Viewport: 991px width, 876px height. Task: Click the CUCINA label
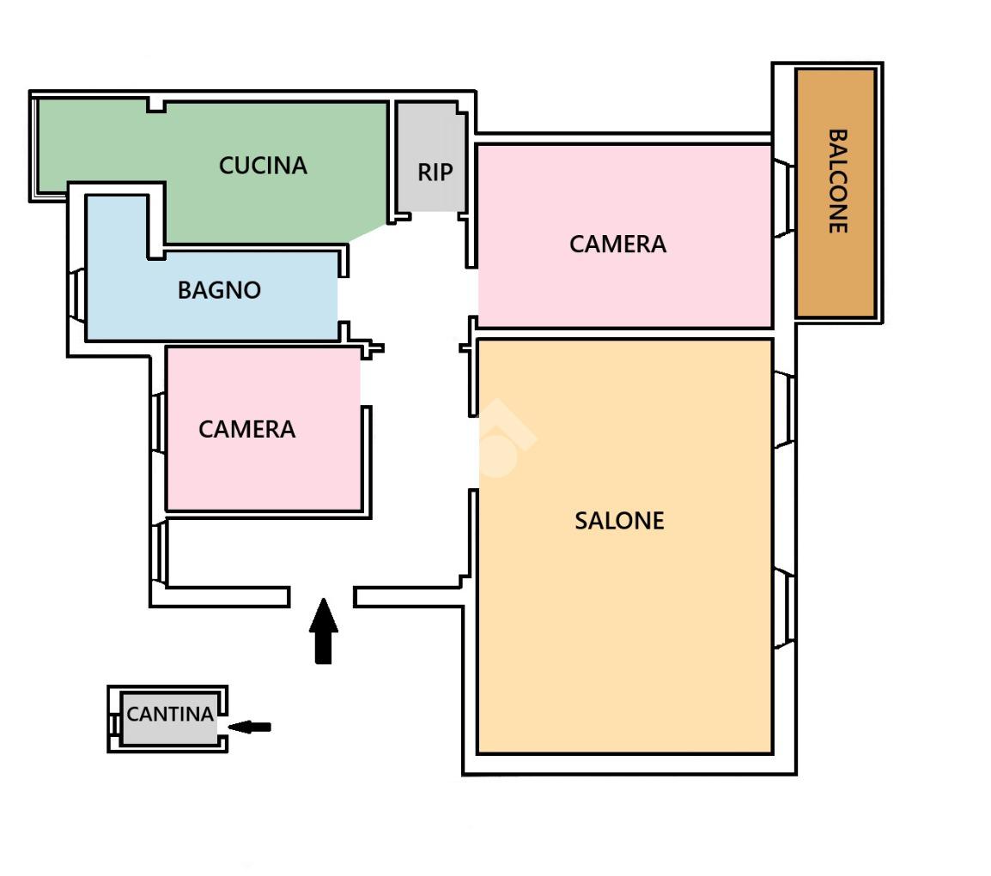click(263, 166)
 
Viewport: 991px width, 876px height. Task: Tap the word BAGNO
click(219, 290)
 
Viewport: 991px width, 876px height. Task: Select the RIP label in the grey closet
click(435, 172)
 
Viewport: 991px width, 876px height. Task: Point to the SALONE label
click(619, 521)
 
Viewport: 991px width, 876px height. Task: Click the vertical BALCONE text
click(837, 181)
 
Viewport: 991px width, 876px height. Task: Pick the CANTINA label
click(170, 714)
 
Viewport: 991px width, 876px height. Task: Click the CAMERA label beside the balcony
click(617, 245)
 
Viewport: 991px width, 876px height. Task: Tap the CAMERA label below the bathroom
click(246, 429)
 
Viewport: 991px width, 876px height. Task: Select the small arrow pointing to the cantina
click(250, 727)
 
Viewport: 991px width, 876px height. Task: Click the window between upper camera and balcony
click(783, 199)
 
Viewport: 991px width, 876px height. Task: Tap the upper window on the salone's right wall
click(785, 409)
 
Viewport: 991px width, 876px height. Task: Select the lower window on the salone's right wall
click(785, 608)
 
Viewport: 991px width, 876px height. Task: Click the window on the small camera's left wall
click(159, 422)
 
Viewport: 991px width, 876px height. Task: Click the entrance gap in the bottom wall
click(322, 596)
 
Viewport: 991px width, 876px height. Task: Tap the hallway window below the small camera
click(159, 553)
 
